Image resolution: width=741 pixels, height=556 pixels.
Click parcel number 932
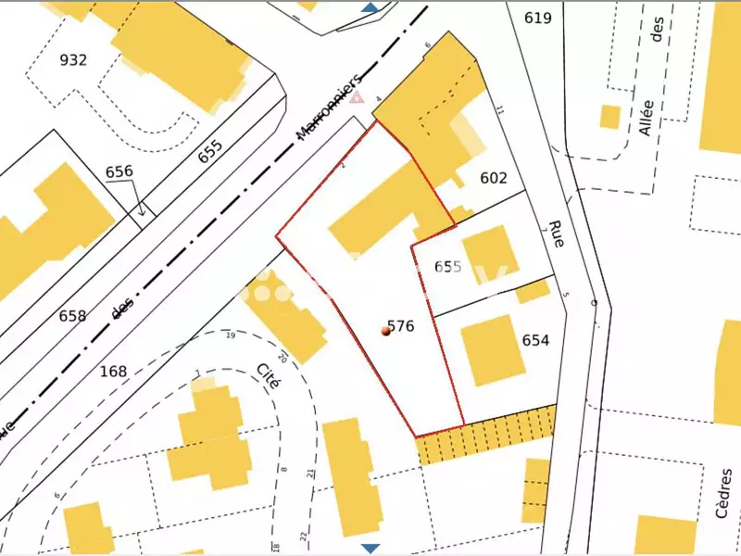[x=73, y=60]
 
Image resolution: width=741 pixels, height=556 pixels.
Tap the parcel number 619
[x=537, y=18]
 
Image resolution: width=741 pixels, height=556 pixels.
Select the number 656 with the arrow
[x=119, y=171]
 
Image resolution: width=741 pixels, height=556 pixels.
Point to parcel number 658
[x=72, y=316]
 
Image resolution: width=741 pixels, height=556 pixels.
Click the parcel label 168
[x=113, y=372]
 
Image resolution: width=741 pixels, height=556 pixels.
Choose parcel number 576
[x=401, y=326]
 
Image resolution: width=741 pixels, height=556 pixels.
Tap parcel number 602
[x=495, y=178]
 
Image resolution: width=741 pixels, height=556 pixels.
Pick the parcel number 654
[x=535, y=340]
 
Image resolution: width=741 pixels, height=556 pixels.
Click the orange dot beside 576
[x=385, y=330]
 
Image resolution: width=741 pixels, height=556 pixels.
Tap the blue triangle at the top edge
[x=370, y=6]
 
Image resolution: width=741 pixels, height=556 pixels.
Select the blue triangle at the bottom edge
[x=370, y=549]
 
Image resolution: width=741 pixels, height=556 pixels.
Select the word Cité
[x=269, y=379]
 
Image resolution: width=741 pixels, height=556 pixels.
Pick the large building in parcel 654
[x=487, y=348]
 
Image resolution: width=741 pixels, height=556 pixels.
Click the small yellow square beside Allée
[x=609, y=117]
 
